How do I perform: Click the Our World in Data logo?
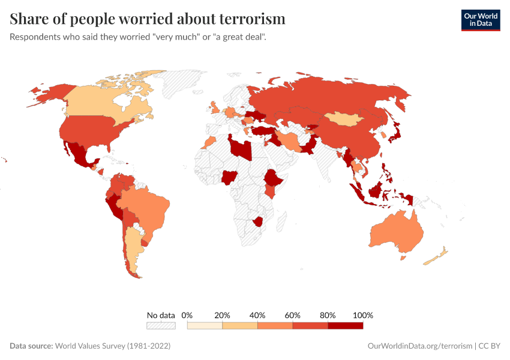click(480, 20)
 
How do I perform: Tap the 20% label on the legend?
click(222, 315)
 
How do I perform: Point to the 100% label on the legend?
click(363, 315)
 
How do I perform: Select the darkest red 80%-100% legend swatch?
click(346, 325)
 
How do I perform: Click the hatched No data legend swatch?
click(161, 325)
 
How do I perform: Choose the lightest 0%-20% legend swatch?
click(205, 325)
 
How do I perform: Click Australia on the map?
click(396, 234)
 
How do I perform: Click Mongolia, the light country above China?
click(344, 120)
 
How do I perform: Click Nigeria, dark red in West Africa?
click(230, 177)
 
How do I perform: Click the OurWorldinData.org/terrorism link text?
click(419, 346)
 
